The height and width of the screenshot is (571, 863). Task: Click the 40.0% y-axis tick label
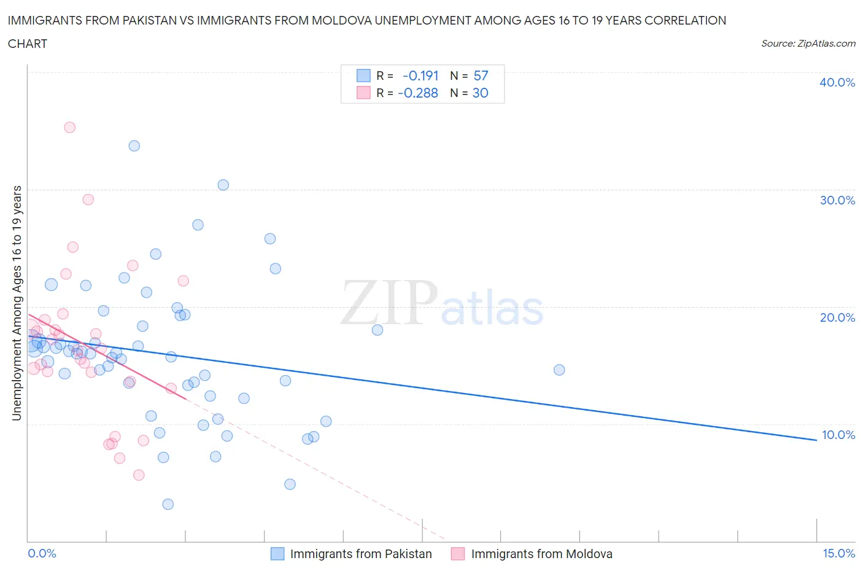point(837,82)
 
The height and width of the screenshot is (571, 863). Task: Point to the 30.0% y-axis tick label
point(837,200)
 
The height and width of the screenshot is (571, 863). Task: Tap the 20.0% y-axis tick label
point(837,317)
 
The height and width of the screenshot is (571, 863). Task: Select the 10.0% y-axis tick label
point(838,435)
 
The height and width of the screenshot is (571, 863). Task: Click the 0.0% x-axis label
point(42,553)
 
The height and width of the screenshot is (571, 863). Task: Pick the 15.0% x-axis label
point(838,553)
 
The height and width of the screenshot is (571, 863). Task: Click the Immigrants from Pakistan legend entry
point(360,554)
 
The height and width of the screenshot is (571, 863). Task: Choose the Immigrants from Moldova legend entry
point(541,554)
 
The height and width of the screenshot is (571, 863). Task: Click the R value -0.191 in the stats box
point(420,76)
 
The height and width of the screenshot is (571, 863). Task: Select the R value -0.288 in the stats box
point(418,93)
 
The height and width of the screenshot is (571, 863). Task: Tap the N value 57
point(481,76)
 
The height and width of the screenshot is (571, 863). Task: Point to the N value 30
point(480,93)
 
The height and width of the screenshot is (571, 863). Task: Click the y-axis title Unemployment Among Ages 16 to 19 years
point(17,303)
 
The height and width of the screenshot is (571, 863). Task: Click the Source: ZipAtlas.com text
point(808,44)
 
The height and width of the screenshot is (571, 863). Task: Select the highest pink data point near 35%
point(69,128)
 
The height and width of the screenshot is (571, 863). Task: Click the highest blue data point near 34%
point(134,146)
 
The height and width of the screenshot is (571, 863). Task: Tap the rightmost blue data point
point(559,370)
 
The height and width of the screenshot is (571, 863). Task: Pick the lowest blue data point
point(168,504)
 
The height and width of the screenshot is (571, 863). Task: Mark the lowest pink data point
point(139,475)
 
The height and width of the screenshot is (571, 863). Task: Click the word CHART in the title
point(28,44)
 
